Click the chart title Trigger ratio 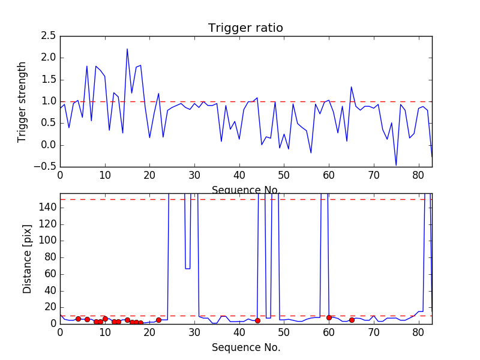click(x=245, y=28)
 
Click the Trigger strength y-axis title click(x=22, y=101)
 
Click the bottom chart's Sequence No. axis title click(x=245, y=347)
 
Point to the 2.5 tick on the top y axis click(x=49, y=36)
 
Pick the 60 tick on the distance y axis click(x=50, y=274)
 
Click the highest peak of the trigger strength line click(x=127, y=49)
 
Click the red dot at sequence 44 click(x=257, y=320)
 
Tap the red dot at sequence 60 click(x=329, y=317)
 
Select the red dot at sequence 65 click(x=352, y=320)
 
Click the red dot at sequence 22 click(x=158, y=320)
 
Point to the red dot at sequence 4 click(x=78, y=319)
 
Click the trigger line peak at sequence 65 click(x=352, y=86)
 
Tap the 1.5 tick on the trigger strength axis click(x=49, y=80)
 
